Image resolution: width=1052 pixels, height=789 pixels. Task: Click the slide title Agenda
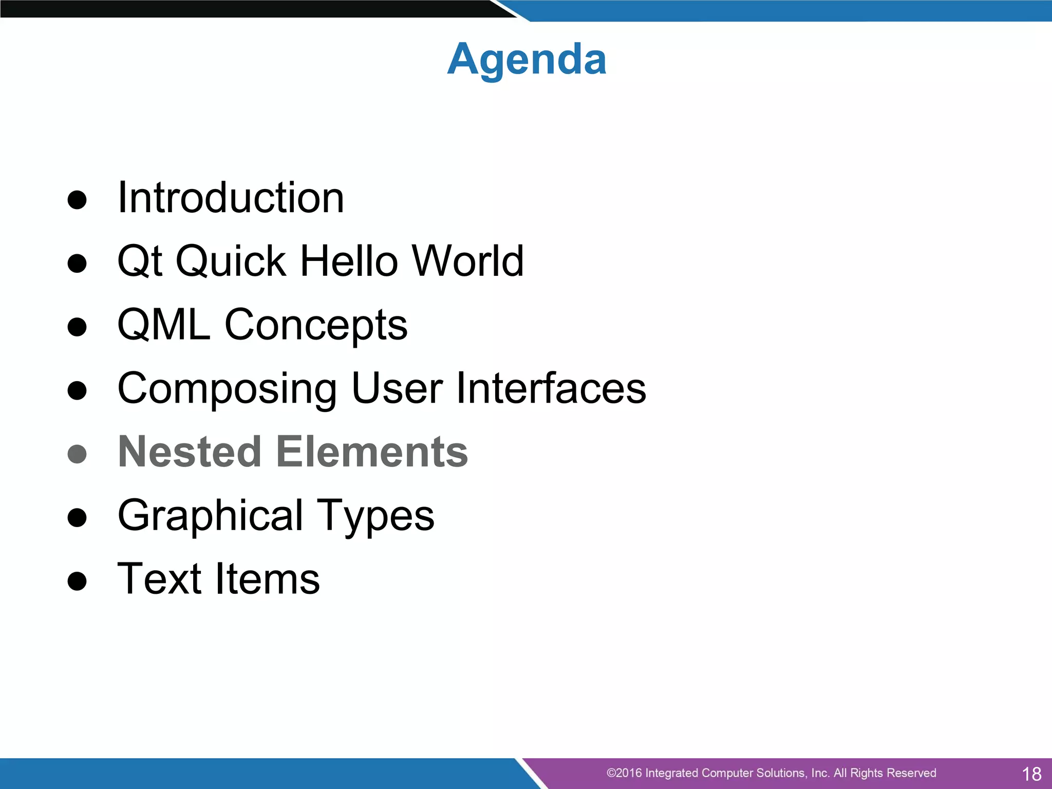(x=527, y=60)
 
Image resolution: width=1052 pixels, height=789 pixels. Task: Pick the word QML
(x=164, y=325)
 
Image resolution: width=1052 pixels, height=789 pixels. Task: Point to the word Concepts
(x=316, y=326)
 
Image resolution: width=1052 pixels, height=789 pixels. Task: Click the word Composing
(x=228, y=389)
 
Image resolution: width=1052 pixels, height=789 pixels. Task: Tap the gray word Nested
(x=190, y=452)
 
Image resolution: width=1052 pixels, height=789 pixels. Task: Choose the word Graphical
(x=211, y=516)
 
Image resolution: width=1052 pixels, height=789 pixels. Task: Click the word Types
(x=375, y=516)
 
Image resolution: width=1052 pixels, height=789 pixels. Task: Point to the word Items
(x=268, y=579)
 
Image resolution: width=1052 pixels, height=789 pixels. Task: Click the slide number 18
(x=1031, y=774)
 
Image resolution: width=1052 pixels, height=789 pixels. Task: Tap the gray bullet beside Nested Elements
(x=77, y=454)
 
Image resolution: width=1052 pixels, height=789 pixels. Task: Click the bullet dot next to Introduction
(x=77, y=200)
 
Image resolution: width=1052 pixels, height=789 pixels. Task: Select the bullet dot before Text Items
(x=77, y=581)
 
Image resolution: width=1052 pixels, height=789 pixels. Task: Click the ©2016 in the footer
(x=624, y=773)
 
